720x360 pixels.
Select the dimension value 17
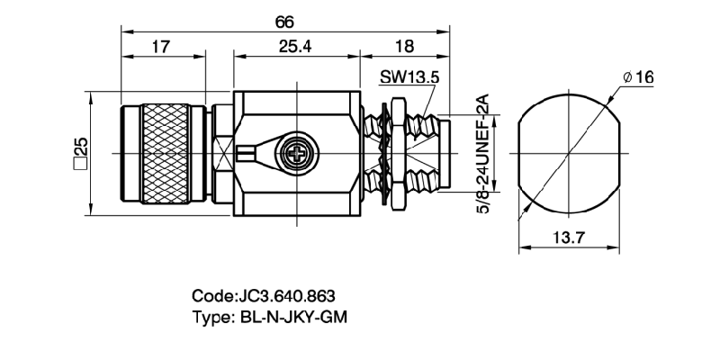pyautogui.click(x=161, y=48)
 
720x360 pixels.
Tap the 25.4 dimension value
pyautogui.click(x=294, y=48)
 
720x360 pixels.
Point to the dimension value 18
pyautogui.click(x=403, y=48)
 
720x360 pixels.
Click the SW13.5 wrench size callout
pyautogui.click(x=409, y=78)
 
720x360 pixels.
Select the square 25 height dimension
pyautogui.click(x=79, y=153)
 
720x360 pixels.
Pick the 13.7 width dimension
pyautogui.click(x=567, y=238)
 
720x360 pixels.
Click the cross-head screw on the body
pyautogui.click(x=297, y=152)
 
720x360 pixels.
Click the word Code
pyautogui.click(x=212, y=295)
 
